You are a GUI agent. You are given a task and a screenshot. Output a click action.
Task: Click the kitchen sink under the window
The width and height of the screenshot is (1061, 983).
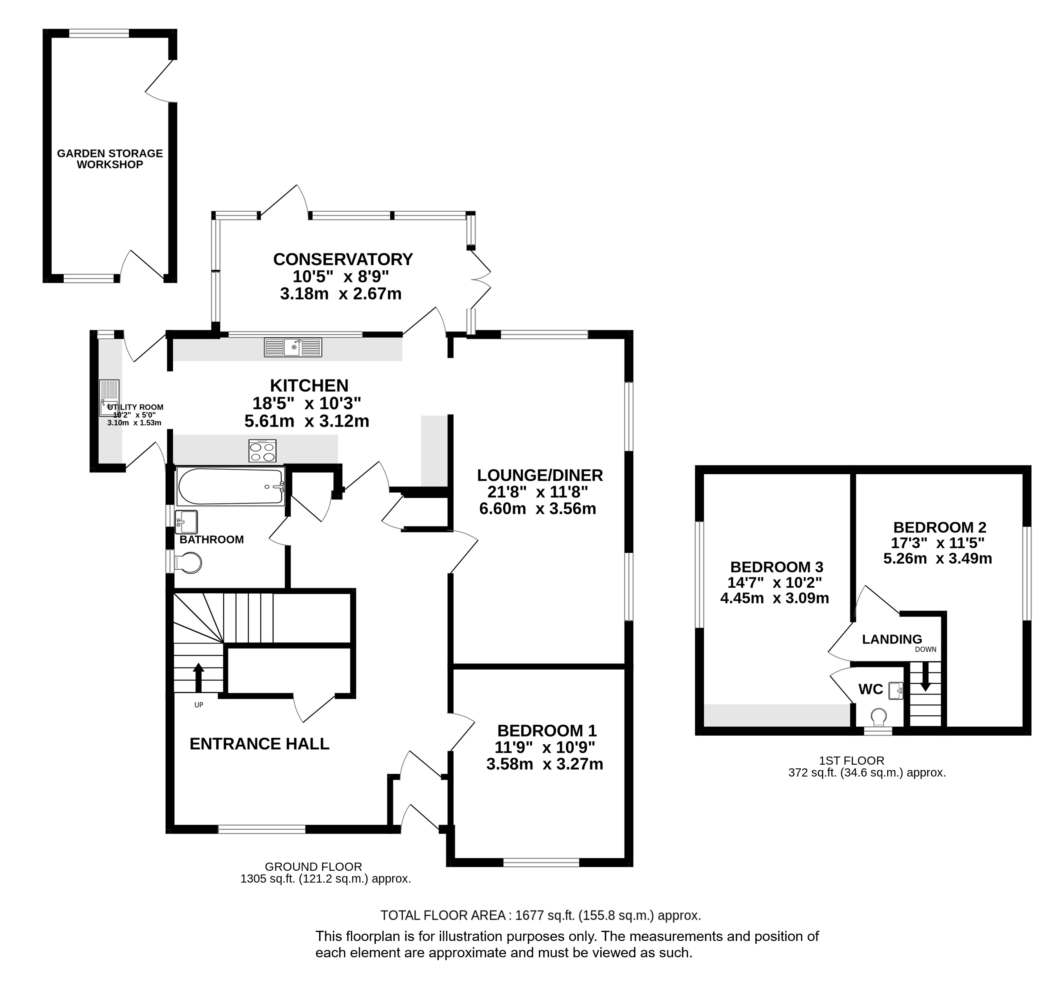[x=293, y=347]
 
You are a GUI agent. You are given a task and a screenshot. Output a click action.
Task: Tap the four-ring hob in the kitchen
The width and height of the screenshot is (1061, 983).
[x=262, y=450]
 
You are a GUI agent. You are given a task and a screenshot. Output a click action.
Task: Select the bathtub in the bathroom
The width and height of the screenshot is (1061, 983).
[x=230, y=486]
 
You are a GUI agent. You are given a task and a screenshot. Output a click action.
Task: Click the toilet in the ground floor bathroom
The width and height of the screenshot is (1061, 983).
[x=189, y=562]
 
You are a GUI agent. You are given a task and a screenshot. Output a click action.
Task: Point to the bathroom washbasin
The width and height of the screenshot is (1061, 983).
[x=186, y=521]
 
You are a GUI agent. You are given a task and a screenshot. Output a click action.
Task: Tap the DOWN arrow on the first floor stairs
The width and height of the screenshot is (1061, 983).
[x=926, y=676]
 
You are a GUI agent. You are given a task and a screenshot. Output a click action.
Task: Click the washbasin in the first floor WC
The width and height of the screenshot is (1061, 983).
[x=896, y=690]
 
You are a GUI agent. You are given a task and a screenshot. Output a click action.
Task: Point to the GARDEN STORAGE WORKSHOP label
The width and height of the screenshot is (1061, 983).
[x=109, y=158]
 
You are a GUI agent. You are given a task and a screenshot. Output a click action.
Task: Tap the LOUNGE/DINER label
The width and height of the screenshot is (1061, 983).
[x=540, y=475]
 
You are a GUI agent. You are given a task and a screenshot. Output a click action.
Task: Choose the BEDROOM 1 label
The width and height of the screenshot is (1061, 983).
[x=547, y=730]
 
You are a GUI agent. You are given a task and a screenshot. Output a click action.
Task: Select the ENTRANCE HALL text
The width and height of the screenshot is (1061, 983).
[x=260, y=743]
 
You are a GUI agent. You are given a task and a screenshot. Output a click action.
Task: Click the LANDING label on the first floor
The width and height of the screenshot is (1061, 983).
[x=892, y=639]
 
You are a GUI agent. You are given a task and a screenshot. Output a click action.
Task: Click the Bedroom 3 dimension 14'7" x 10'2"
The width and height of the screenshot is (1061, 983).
[x=775, y=582]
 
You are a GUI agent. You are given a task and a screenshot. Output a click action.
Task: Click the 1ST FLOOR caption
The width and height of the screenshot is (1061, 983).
[x=852, y=761]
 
